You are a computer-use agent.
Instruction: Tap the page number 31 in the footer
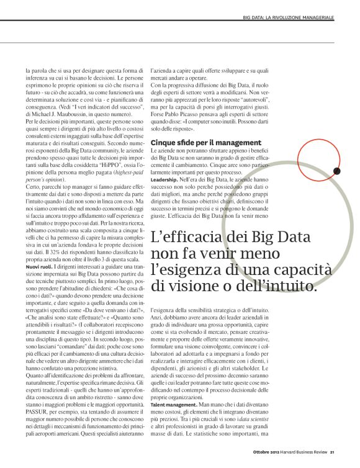click(332, 452)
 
